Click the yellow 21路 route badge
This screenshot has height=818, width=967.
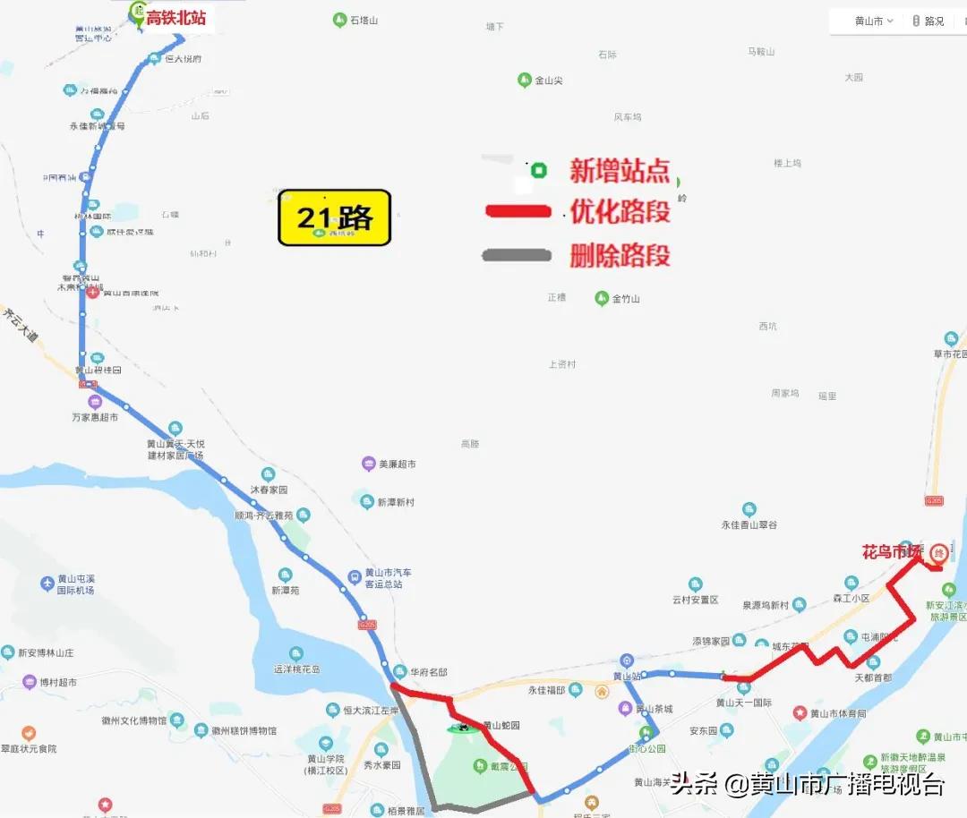click(x=334, y=217)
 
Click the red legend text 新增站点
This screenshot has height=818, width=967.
click(x=620, y=170)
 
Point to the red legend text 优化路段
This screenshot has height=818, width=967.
click(x=620, y=212)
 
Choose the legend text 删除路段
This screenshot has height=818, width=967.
click(x=620, y=256)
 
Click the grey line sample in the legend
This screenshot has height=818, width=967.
click(x=516, y=255)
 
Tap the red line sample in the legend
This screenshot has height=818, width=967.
click(x=517, y=212)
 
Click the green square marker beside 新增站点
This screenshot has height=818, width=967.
click(x=538, y=170)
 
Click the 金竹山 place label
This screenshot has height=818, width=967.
click(x=626, y=299)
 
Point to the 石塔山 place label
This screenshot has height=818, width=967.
click(x=364, y=20)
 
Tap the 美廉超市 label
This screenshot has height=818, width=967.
click(x=397, y=464)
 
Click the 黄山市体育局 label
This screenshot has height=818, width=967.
click(x=838, y=713)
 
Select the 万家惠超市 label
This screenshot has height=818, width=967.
click(x=95, y=417)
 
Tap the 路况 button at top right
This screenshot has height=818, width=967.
click(x=928, y=21)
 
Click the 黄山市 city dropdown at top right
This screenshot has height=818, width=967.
click(x=873, y=21)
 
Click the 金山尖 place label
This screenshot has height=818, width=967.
click(x=548, y=81)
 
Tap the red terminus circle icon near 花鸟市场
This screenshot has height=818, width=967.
click(x=938, y=553)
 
